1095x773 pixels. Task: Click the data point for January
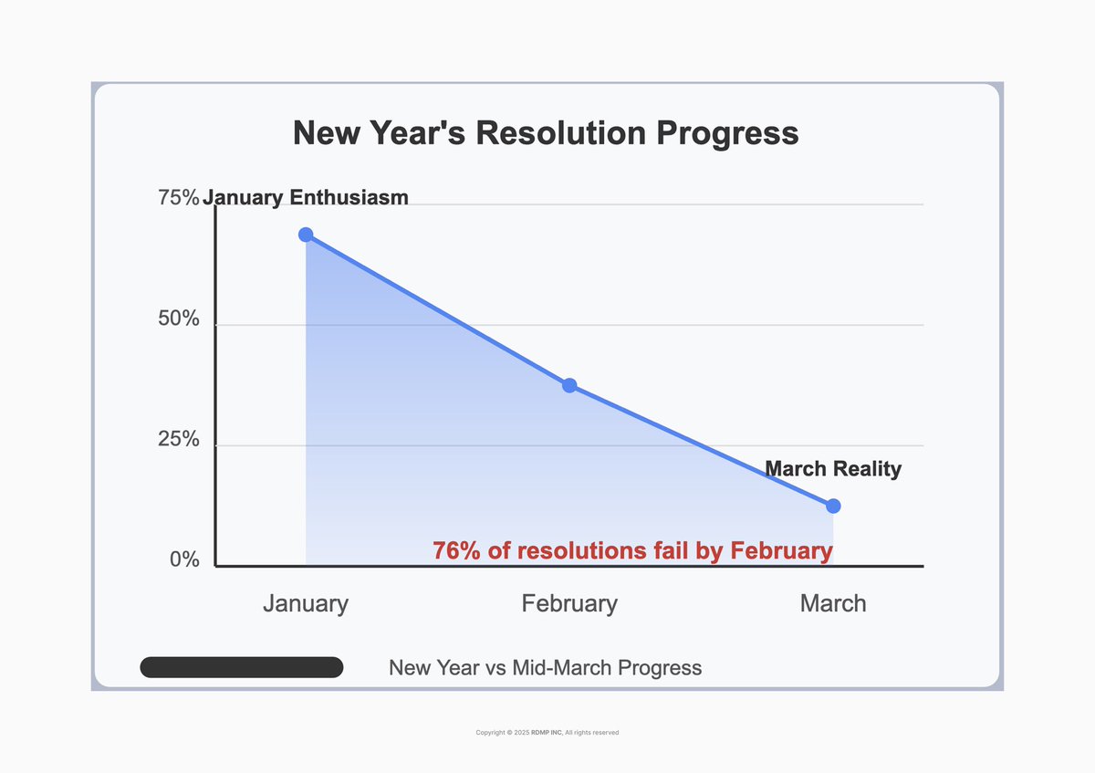306,235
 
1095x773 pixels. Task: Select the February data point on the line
569,385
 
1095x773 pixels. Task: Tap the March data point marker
833,506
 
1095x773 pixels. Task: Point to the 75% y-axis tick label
179,198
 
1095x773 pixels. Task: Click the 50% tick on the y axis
179,319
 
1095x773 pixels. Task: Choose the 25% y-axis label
179,439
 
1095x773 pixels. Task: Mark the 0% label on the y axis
184,559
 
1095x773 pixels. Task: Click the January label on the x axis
306,603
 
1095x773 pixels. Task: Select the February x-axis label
569,603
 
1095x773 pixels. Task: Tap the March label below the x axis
833,603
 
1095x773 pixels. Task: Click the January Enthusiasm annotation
306,197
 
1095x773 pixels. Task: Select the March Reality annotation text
833,469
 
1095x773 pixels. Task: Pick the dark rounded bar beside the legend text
242,667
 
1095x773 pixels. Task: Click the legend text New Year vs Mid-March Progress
546,667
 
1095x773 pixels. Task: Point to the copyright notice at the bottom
547,732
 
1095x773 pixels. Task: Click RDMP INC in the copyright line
547,732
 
